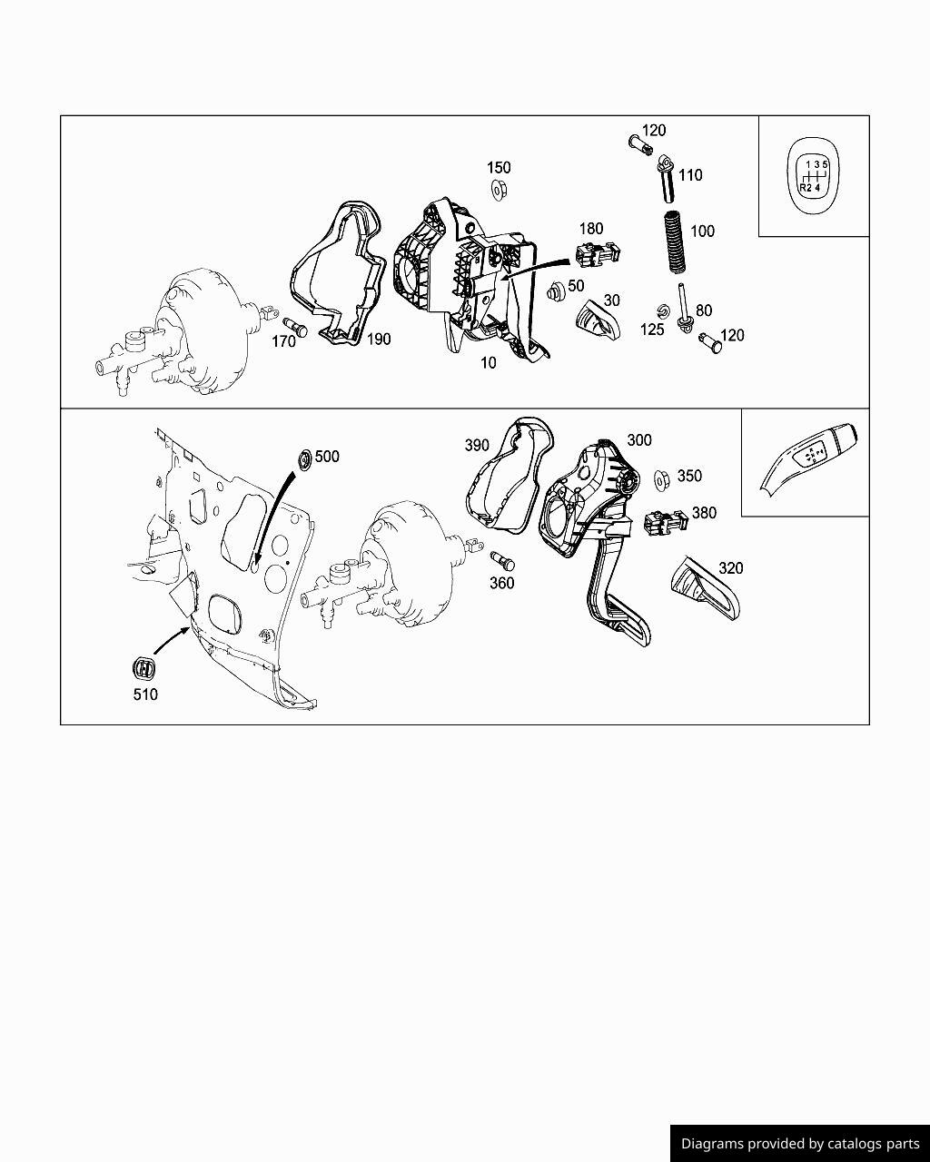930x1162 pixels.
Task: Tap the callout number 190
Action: (379, 340)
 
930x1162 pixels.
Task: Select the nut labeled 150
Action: (499, 191)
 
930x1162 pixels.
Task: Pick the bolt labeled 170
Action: (294, 327)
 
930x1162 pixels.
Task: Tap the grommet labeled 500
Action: (304, 461)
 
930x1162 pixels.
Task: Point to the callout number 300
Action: (639, 440)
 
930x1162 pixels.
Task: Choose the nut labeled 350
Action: (662, 479)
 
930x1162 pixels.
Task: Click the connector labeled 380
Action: (666, 523)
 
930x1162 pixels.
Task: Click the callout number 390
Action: (477, 445)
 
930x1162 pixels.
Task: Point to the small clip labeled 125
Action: (661, 311)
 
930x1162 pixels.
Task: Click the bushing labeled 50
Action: (556, 291)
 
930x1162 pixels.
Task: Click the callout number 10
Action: (489, 363)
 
